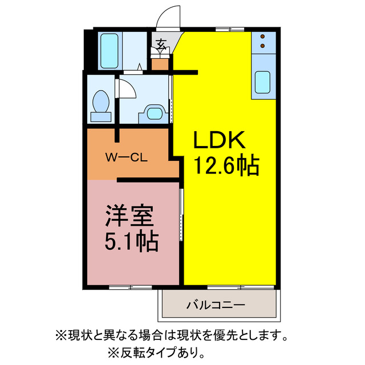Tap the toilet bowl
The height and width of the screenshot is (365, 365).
102,101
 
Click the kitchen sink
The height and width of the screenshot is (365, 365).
262,82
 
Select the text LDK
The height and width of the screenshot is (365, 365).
219,140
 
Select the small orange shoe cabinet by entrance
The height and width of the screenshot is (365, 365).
161,63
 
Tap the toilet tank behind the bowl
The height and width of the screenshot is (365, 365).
102,116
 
